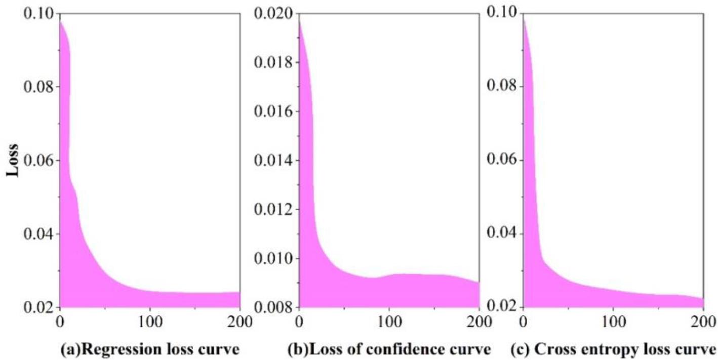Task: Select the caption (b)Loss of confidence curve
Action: (389, 349)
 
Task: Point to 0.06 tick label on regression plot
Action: (37, 161)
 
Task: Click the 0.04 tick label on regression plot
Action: (37, 234)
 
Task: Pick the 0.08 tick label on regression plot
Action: (37, 87)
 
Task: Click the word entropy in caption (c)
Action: (612, 350)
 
